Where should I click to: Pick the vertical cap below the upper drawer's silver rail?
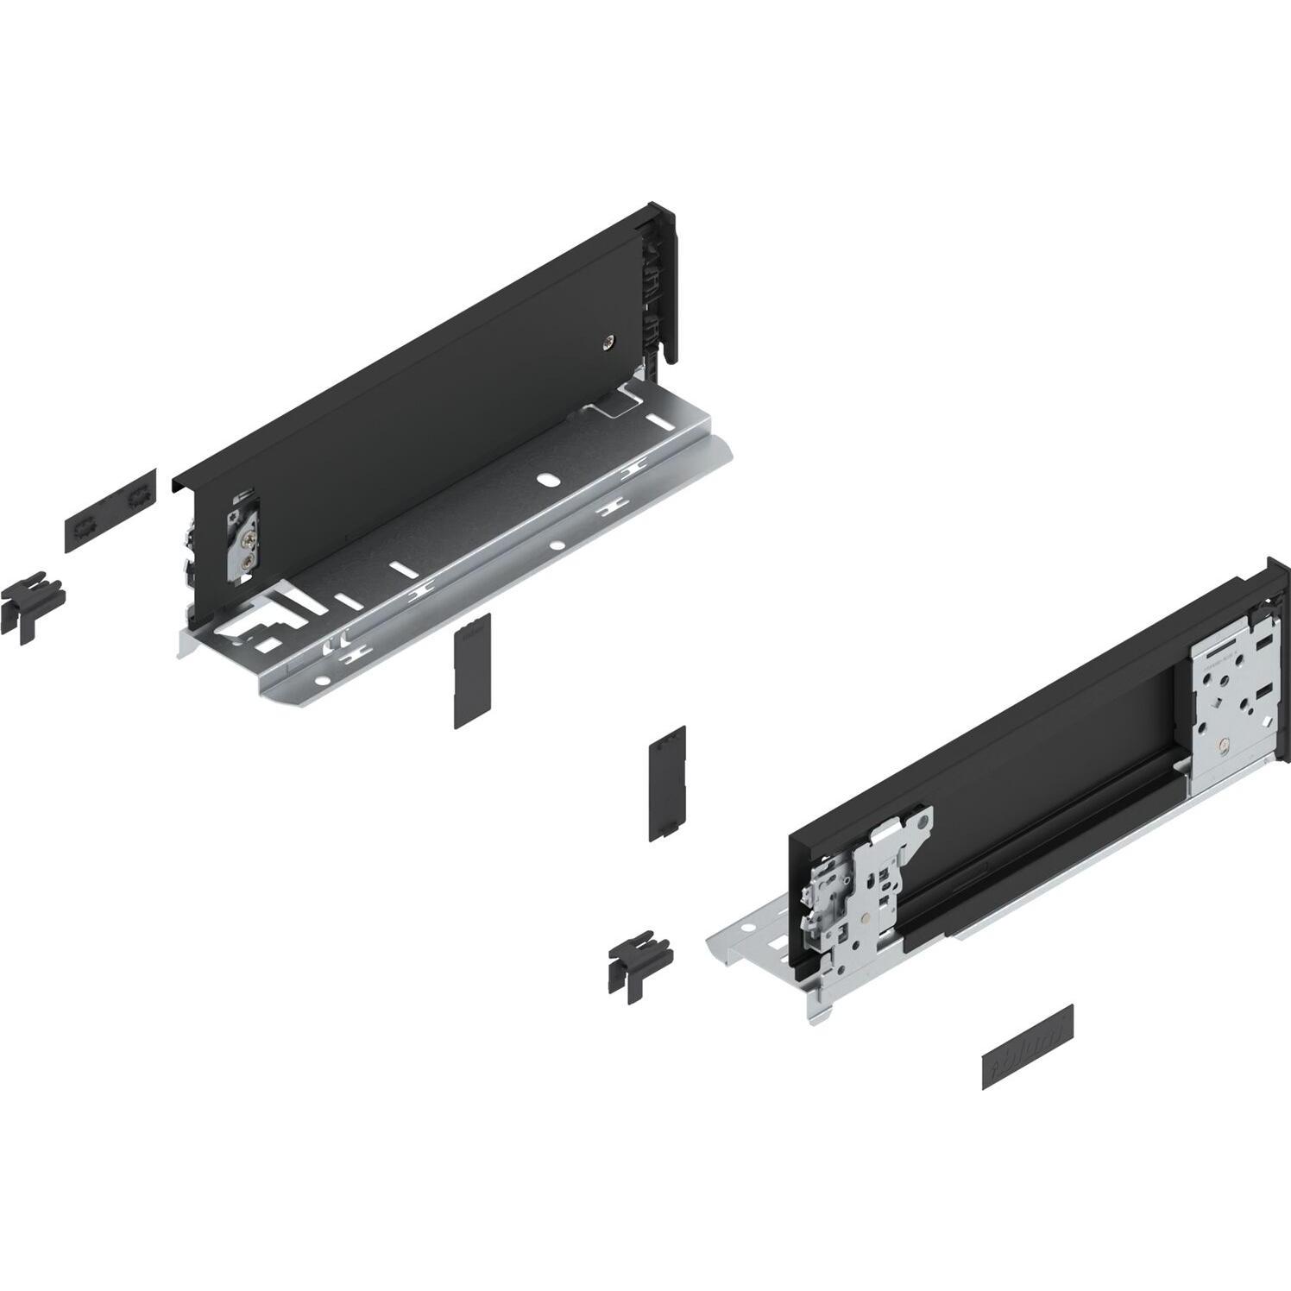pyautogui.click(x=472, y=671)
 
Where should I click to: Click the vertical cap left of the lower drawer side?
pyautogui.click(x=667, y=782)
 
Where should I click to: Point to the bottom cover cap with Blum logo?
pyautogui.click(x=1027, y=1058)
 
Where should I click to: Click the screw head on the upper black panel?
pyautogui.click(x=611, y=343)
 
